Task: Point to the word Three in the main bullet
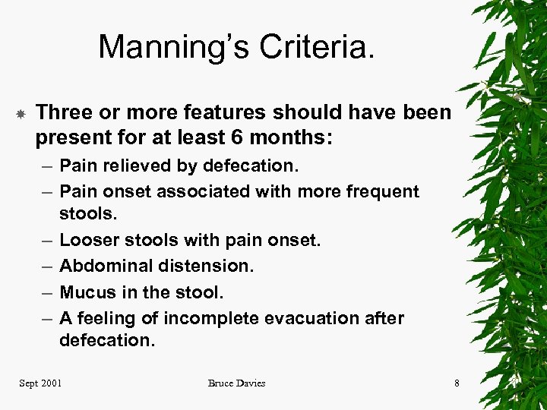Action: coord(62,113)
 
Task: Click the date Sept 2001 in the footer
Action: coord(40,383)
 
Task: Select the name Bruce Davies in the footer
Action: coord(236,383)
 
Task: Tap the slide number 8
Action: coord(457,383)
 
